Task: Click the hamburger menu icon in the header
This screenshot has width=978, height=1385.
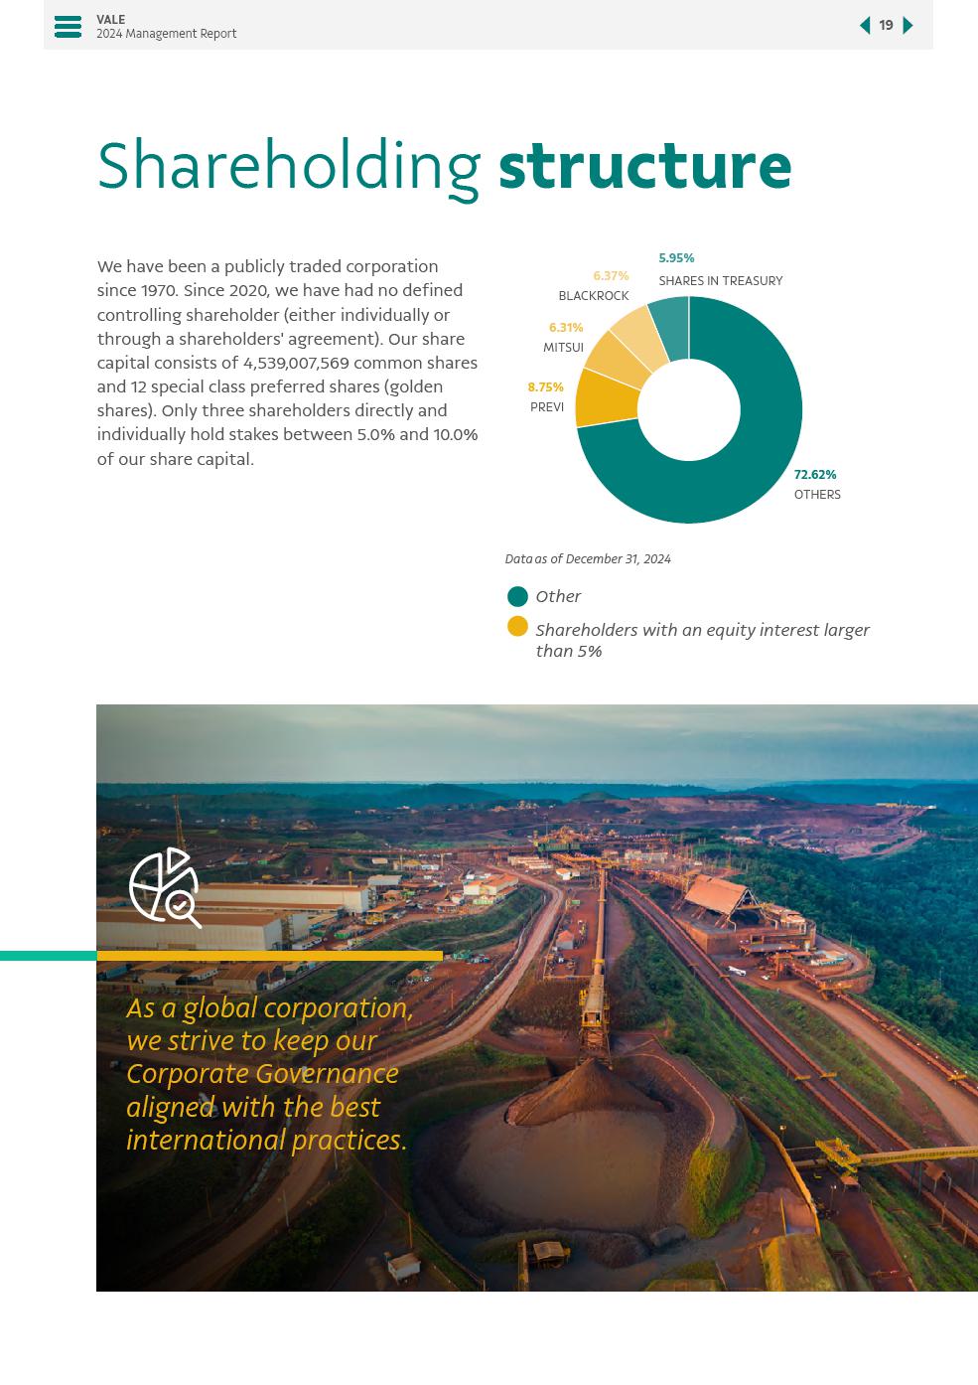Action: click(68, 27)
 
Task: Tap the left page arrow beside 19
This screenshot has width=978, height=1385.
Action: click(865, 26)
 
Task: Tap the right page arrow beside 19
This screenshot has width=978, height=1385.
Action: click(908, 26)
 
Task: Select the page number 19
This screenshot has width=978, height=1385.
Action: click(886, 26)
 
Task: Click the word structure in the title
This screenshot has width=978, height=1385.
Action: click(644, 166)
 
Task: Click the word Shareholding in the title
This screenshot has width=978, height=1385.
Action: click(289, 168)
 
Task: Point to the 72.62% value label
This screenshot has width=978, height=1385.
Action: click(815, 475)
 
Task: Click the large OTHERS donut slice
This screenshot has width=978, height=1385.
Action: click(755, 467)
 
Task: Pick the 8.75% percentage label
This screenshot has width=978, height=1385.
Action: click(545, 387)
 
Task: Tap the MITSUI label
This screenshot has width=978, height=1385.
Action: click(563, 348)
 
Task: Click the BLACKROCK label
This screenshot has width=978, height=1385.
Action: click(594, 296)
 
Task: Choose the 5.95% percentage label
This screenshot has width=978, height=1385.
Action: click(676, 258)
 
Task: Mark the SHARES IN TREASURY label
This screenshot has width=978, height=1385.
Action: click(720, 281)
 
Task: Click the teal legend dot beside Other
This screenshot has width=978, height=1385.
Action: click(517, 596)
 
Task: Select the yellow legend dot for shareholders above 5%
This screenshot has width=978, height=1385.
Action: click(517, 626)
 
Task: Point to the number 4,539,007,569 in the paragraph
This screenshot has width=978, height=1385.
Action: click(296, 364)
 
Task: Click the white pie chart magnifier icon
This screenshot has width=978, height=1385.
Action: click(165, 887)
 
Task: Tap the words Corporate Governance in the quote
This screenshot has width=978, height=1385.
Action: click(262, 1074)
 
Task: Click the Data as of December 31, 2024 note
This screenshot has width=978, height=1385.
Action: click(588, 559)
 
